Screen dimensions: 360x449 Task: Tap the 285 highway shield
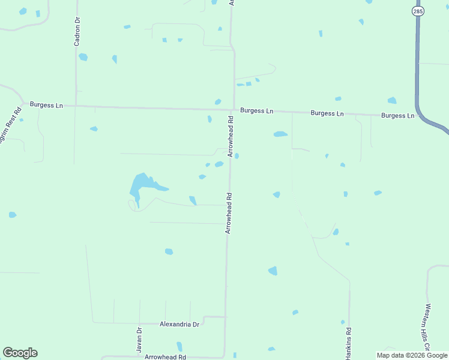[418, 11]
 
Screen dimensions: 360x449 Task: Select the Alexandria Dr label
[179, 324]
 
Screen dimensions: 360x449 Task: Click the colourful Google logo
[20, 353]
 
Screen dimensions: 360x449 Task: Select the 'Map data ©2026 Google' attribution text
[412, 355]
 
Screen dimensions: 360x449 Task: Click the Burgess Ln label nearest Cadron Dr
[46, 106]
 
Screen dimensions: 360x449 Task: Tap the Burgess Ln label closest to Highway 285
[397, 115]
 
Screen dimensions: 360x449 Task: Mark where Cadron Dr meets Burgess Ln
[76, 106]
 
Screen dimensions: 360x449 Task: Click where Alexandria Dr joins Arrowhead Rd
[226, 317]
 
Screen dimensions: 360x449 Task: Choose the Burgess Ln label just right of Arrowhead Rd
[256, 111]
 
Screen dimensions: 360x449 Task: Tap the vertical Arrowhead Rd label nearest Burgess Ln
[230, 138]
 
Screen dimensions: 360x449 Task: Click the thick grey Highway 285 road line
[417, 60]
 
